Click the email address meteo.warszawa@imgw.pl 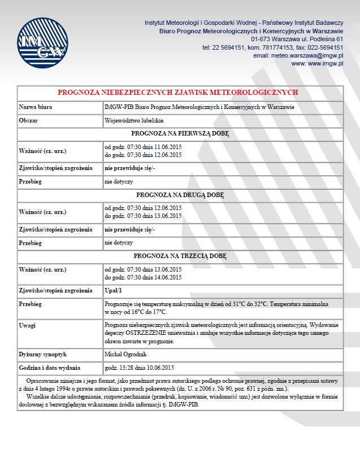[x=298, y=55]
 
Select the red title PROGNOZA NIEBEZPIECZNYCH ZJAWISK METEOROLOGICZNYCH [x=177, y=92]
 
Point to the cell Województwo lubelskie [x=134, y=120]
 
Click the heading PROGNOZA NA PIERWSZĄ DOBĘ [x=180, y=134]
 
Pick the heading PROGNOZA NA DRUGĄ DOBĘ [x=180, y=195]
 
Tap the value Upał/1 [x=113, y=290]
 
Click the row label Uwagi [x=28, y=325]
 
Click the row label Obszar [x=29, y=120]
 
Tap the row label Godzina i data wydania [x=50, y=368]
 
